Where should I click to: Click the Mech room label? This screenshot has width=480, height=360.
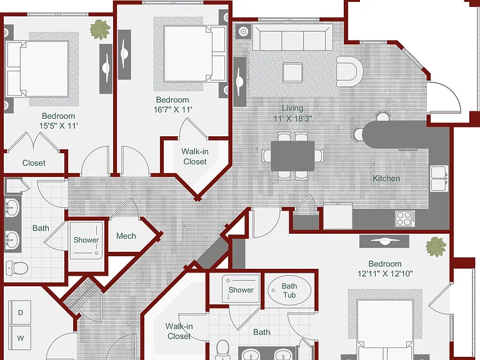click(x=126, y=236)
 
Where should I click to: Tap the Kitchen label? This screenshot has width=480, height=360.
click(x=386, y=179)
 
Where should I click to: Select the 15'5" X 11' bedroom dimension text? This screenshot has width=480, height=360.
click(x=59, y=126)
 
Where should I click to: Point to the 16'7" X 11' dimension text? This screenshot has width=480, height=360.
click(x=172, y=109)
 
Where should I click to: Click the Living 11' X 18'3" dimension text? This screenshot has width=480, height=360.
click(x=292, y=118)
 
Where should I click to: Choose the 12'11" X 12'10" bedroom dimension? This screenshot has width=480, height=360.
click(x=385, y=273)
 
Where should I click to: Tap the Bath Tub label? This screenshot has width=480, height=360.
click(x=289, y=291)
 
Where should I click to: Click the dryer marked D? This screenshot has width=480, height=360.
click(x=20, y=312)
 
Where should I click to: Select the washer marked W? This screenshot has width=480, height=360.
click(x=20, y=338)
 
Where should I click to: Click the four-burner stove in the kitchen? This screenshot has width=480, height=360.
click(x=405, y=219)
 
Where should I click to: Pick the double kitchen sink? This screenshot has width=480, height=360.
click(x=439, y=179)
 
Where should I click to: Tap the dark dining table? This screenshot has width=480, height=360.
click(x=292, y=156)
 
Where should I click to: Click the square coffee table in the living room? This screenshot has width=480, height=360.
click(x=293, y=72)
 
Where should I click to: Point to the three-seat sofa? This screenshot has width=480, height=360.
click(x=292, y=37)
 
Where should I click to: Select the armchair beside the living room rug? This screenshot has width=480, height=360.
click(x=349, y=71)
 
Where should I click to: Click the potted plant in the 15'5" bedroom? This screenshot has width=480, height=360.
click(x=100, y=30)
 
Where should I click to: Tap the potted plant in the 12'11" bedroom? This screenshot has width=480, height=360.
click(x=436, y=247)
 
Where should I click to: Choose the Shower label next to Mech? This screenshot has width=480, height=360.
click(x=86, y=240)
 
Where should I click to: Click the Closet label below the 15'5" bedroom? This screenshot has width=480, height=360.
click(x=34, y=163)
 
